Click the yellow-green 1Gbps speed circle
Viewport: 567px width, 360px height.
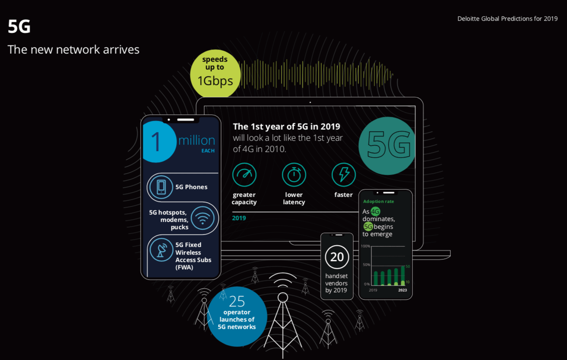tap(215, 74)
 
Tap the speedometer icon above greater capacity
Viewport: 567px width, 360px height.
tap(244, 175)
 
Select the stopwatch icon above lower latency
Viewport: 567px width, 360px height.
tap(294, 175)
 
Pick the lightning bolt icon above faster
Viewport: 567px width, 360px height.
tap(343, 175)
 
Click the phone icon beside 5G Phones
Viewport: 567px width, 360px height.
tap(161, 187)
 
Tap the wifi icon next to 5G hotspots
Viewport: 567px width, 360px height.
tap(203, 218)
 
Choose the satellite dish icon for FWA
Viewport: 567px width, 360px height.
tap(161, 250)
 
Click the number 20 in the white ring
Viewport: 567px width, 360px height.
tap(337, 257)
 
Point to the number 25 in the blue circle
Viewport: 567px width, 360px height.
tap(237, 301)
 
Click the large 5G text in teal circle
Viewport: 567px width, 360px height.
tap(389, 145)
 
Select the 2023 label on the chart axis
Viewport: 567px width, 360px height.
tap(402, 290)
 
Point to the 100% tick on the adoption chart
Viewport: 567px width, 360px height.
tap(365, 246)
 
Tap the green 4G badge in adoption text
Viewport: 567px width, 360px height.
tap(375, 212)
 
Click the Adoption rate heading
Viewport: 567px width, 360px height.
tap(378, 202)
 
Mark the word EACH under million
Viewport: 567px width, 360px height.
tap(208, 151)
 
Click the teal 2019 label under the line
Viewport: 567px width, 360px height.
tap(239, 218)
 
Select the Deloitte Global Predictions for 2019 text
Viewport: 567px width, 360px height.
tap(507, 19)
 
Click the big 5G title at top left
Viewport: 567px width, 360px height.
tap(19, 26)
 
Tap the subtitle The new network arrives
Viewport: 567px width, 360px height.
tap(73, 50)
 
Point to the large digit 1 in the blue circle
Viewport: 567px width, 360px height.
tap(156, 142)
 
